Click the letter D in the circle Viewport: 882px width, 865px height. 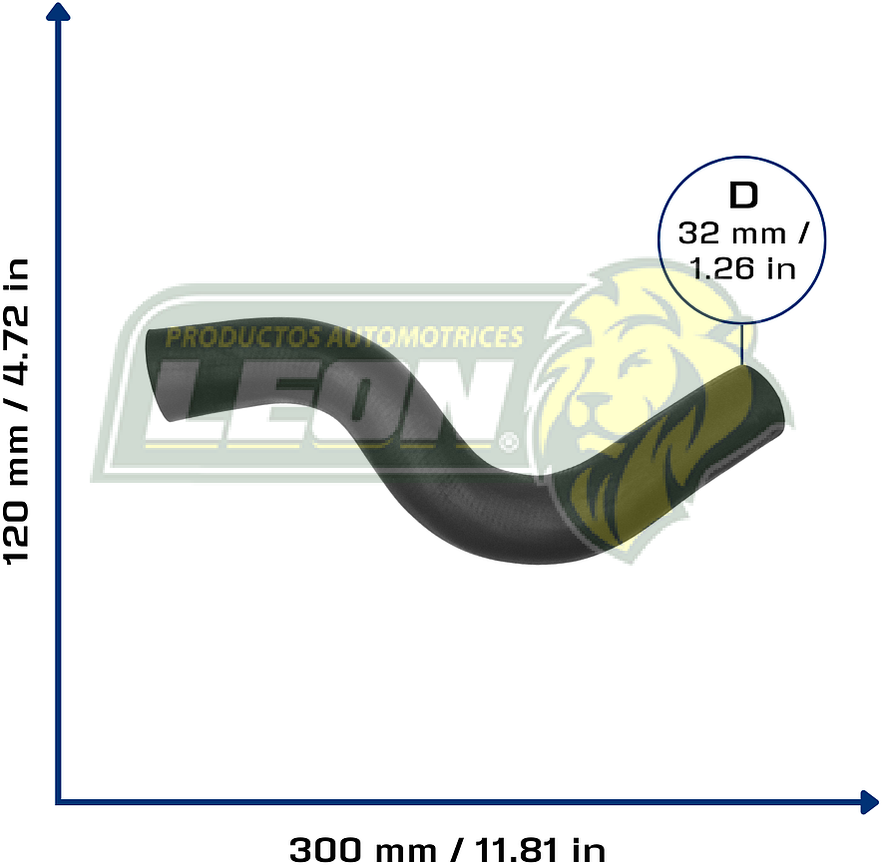[743, 196]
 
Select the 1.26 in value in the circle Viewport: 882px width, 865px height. [743, 268]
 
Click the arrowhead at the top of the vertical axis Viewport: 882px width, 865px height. [59, 13]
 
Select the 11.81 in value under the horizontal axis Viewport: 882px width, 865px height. [540, 849]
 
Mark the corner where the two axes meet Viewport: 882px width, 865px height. [59, 799]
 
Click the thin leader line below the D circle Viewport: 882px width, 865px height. [743, 344]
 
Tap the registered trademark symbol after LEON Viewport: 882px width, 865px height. [509, 439]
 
